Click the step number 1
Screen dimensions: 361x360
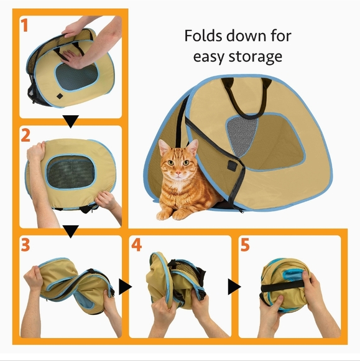(x=24, y=26)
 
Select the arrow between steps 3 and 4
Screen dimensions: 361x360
(x=125, y=286)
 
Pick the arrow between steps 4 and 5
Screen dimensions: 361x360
(x=234, y=286)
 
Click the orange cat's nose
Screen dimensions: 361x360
(x=178, y=174)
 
